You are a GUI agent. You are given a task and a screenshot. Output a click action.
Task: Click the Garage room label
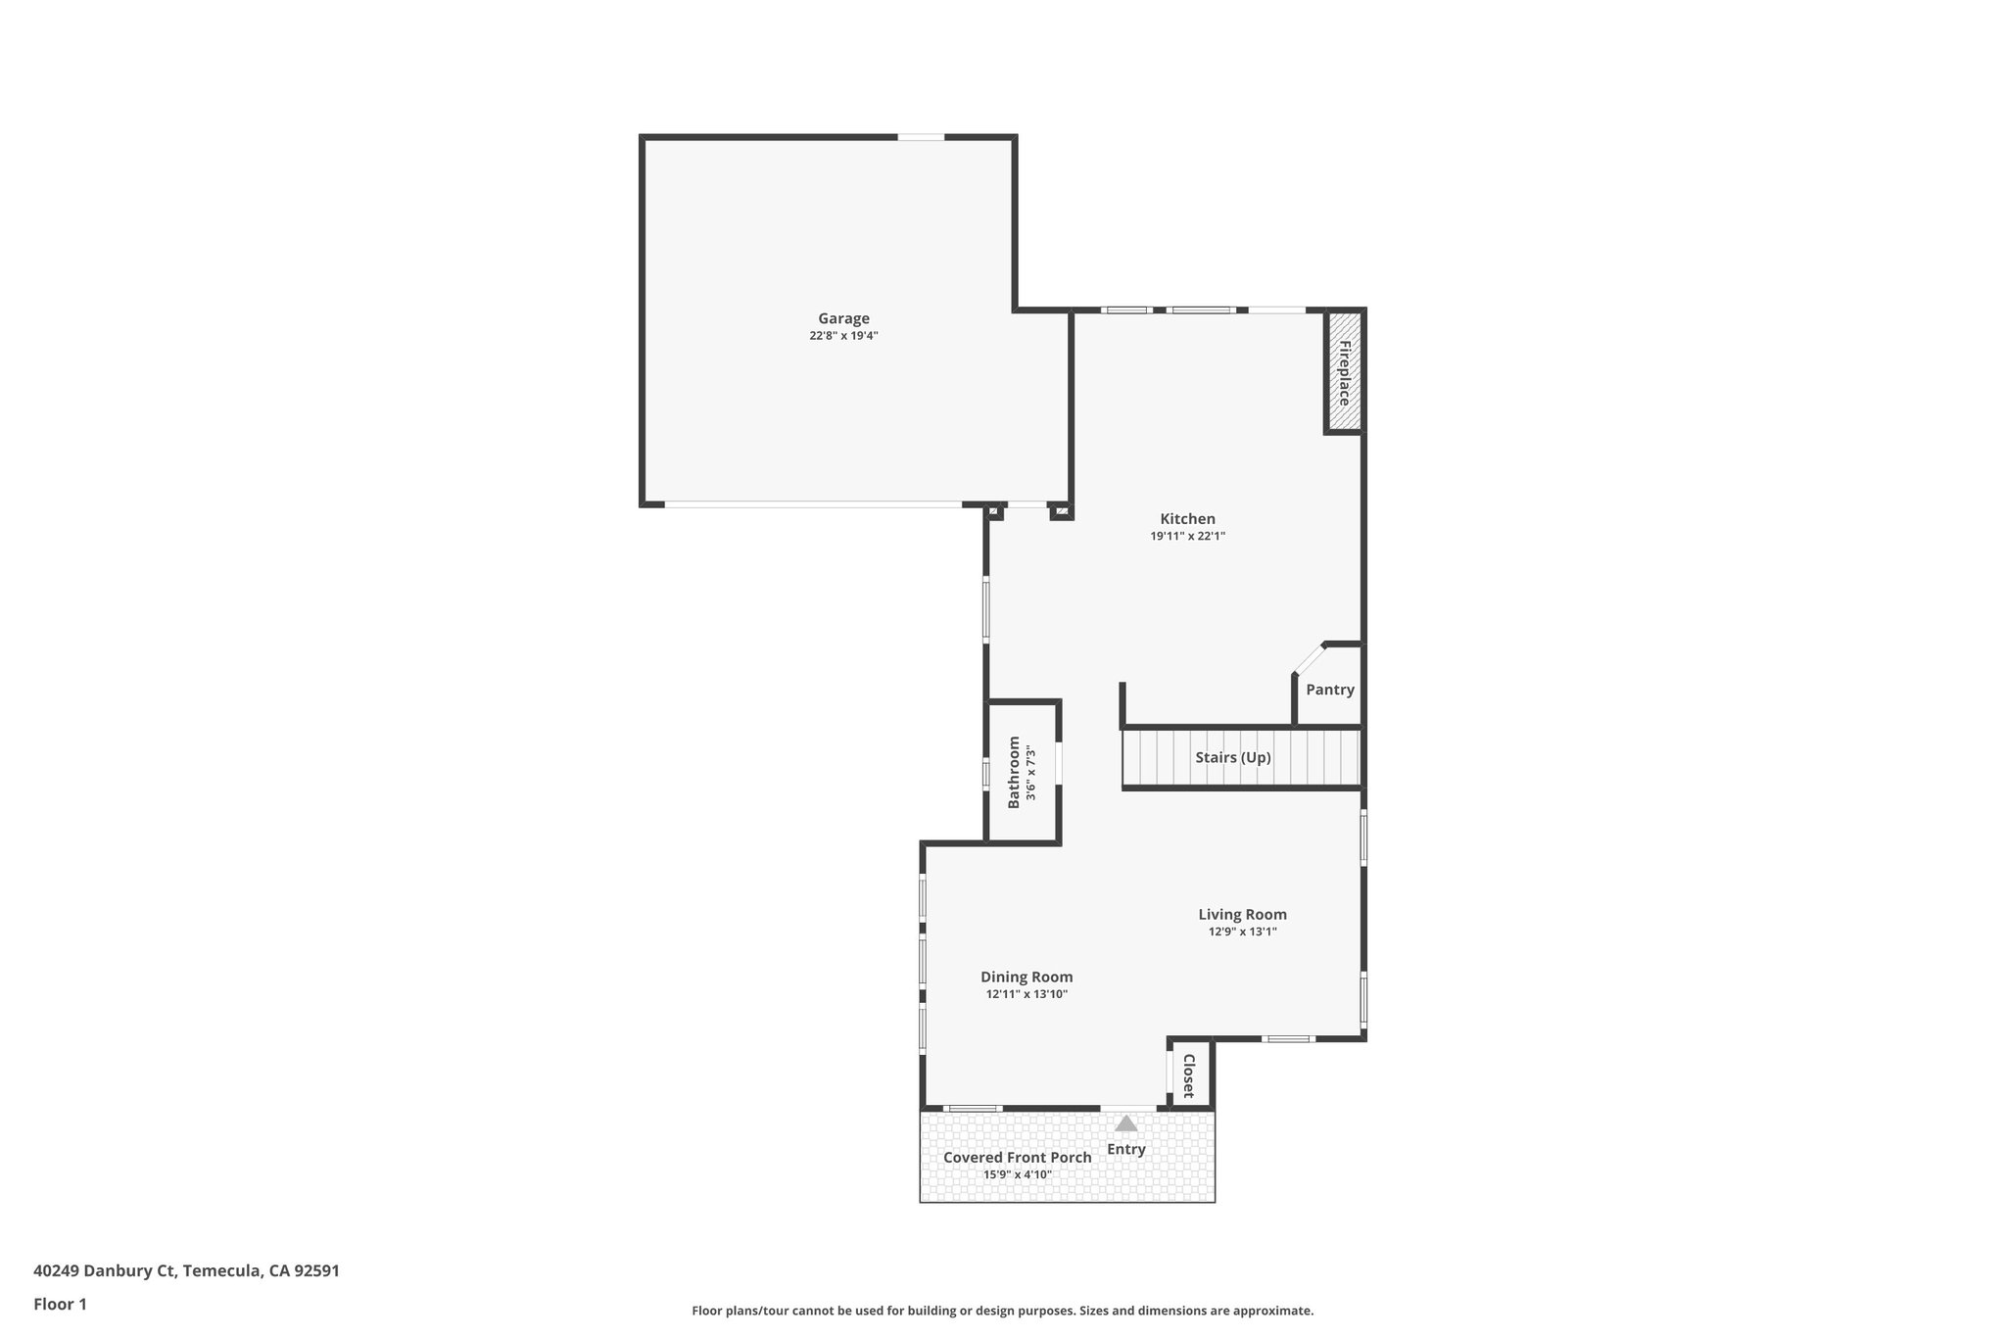843,318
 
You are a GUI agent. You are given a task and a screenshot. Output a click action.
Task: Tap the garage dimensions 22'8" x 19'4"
843,336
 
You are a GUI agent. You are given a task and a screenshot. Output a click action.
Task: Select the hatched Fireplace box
1344,372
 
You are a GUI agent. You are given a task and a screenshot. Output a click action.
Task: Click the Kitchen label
1187,519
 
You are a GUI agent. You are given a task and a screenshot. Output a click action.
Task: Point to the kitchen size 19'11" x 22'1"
1187,537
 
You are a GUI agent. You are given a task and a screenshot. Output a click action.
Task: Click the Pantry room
1329,690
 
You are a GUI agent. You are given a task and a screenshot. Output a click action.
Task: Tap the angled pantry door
1309,658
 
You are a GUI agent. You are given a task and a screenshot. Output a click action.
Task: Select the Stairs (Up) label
1232,757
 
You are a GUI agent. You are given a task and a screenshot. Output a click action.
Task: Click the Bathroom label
1014,772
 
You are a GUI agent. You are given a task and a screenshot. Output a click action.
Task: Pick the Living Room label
1242,915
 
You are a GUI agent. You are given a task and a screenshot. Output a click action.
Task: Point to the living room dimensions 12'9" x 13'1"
1242,932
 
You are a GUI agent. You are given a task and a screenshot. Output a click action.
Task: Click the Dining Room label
1027,977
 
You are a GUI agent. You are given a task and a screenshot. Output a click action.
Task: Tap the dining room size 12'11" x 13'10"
1027,994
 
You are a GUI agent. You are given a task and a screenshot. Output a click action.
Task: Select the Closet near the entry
1189,1074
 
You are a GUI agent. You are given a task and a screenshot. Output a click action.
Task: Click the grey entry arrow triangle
1126,1123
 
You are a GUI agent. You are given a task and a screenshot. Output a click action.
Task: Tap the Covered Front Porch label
1017,1158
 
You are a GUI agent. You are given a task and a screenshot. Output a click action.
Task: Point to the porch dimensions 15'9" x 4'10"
1017,1174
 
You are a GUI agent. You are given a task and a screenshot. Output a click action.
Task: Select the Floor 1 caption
60,1304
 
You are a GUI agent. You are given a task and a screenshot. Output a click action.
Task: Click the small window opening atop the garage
921,137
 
